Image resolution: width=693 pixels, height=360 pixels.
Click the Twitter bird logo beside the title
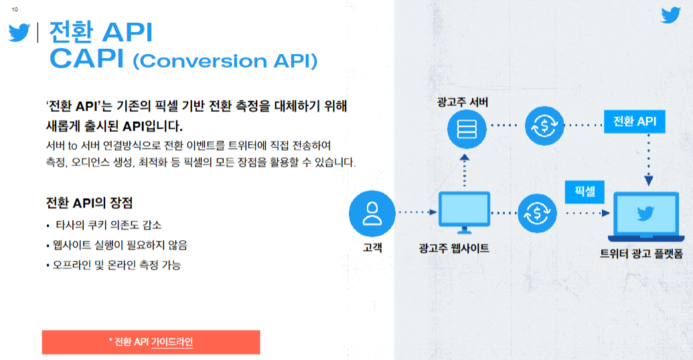pos(19,32)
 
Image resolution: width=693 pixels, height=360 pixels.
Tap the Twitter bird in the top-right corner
pos(670,15)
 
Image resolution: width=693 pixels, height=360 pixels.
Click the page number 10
pos(15,9)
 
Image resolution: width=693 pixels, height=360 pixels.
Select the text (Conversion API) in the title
pos(225,61)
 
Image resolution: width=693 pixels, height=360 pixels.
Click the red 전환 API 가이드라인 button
pos(151,342)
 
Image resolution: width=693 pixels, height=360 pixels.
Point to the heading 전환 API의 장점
pos(89,203)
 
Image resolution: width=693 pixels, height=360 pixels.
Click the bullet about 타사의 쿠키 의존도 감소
pos(104,225)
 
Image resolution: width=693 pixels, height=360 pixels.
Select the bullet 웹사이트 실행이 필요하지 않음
pos(117,245)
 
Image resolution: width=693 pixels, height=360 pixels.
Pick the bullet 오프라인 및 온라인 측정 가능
pos(113,265)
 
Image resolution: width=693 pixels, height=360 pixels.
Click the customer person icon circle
pos(372,213)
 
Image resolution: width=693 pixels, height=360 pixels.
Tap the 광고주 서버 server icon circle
pos(467,129)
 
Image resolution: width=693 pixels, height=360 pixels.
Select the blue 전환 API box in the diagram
pos(635,122)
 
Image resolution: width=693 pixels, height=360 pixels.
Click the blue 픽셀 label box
pos(585,191)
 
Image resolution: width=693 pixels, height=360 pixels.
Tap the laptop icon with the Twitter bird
pos(645,216)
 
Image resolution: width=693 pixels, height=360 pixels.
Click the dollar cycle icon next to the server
pos(544,126)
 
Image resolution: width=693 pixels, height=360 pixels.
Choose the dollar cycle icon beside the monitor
pos(537,213)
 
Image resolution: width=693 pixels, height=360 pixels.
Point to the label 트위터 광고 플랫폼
pos(641,254)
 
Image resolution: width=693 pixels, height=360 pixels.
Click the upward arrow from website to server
pos(464,171)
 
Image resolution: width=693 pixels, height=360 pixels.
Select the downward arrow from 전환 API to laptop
pos(648,159)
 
